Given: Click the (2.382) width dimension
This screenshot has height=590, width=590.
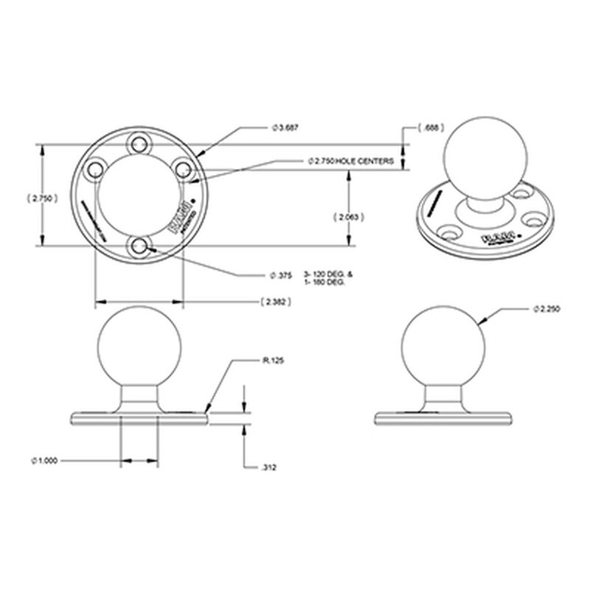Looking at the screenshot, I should pyautogui.click(x=276, y=302).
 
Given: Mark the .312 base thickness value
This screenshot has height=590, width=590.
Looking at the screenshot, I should pyautogui.click(x=270, y=468).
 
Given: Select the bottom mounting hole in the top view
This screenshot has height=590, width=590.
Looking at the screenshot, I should pyautogui.click(x=139, y=246).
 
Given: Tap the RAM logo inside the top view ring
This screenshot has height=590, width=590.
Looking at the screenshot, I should pyautogui.click(x=177, y=220).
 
